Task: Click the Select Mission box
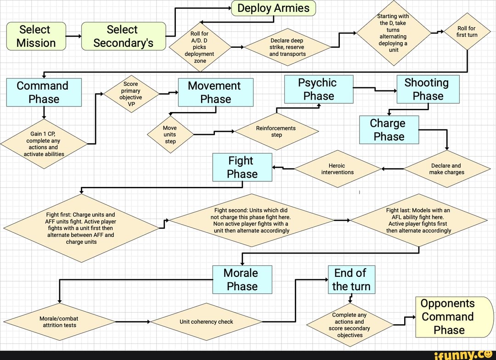pos(36,36)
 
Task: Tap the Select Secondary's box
pos(123,36)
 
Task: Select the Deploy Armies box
pos(273,8)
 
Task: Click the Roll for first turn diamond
pos(467,32)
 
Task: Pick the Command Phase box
pos(44,92)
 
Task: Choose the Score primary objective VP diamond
pos(131,94)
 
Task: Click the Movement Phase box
pos(215,92)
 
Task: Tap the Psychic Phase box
pos(319,89)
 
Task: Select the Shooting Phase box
pos(428,89)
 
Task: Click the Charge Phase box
pos(389,129)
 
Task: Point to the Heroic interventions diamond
pos(338,169)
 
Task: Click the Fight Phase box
pos(242,167)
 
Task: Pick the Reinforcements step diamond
pos(276,132)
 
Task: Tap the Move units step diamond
pos(170,135)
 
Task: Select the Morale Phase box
pos(242,279)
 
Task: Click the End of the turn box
pos(351,279)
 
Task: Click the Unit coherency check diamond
pos(206,322)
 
